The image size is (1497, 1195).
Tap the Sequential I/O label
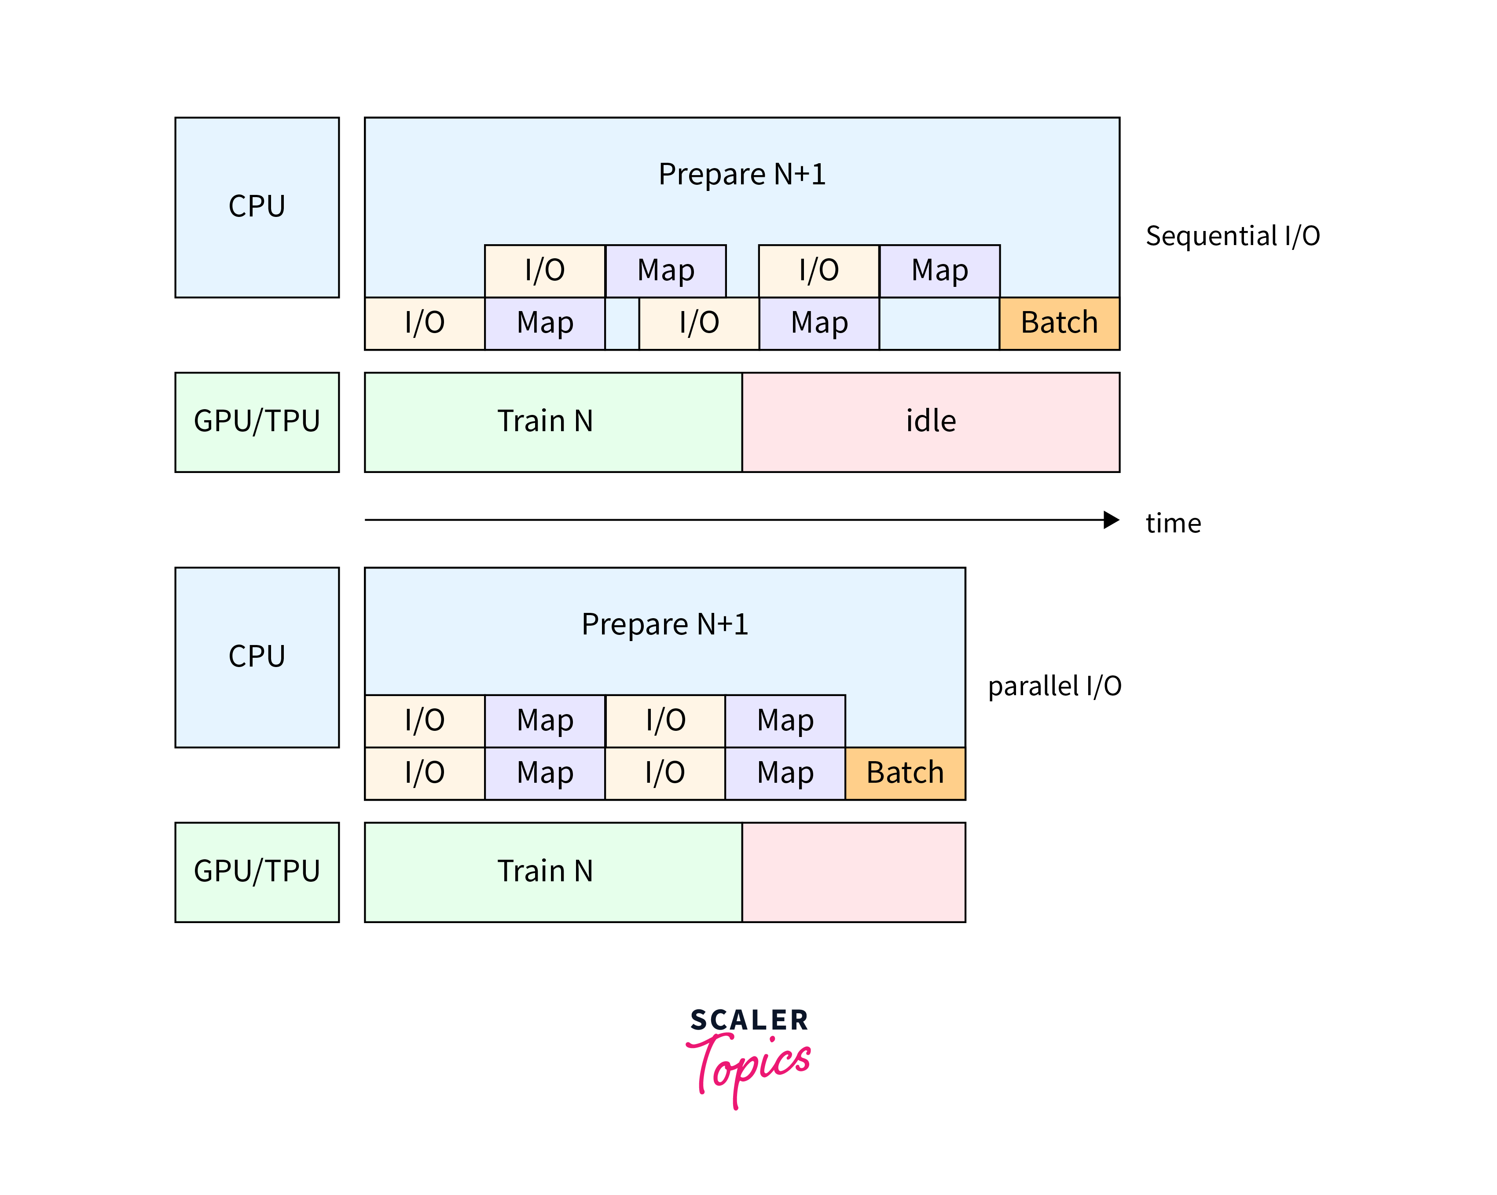1233,236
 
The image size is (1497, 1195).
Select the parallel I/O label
1054,686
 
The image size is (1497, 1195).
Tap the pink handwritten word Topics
750,1066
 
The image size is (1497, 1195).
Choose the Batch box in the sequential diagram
1059,323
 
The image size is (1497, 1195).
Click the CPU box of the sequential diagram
257,207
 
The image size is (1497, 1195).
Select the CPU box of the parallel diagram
257,657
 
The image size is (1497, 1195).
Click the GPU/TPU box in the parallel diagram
257,872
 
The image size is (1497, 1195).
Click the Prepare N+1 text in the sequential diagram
741,174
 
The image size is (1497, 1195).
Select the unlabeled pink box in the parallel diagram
853,872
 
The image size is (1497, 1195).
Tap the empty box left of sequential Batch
939,323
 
